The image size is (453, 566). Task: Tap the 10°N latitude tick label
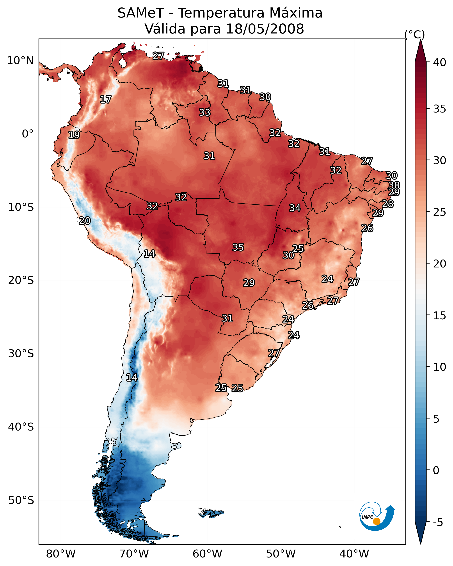point(20,61)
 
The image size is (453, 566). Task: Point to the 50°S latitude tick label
point(21,500)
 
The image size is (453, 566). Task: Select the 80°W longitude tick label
point(60,554)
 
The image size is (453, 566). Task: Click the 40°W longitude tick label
point(354,554)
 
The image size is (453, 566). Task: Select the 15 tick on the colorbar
point(439,316)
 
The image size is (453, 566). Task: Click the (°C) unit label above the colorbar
point(414,34)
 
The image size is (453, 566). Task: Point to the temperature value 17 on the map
point(106,100)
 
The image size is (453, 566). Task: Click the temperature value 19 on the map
point(74,135)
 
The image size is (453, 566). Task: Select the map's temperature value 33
point(204,112)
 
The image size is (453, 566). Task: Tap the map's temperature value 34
point(295,208)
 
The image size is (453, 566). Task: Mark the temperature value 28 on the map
point(388,204)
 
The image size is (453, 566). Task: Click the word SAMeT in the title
point(141,13)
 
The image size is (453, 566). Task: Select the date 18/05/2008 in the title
point(265,29)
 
